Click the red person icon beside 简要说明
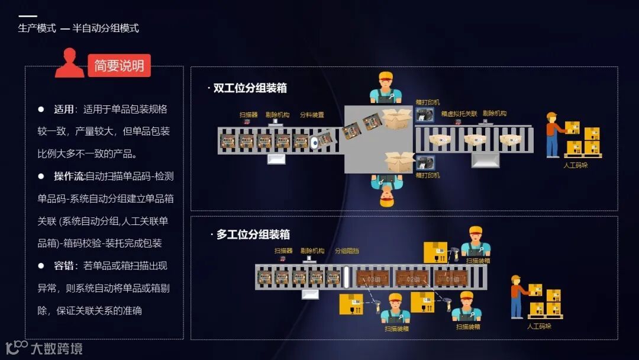(69, 63)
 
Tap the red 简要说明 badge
(119, 66)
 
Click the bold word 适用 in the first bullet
(63, 110)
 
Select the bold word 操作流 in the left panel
(69, 176)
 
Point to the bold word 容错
(63, 266)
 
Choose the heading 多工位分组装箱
(253, 234)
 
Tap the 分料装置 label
(312, 114)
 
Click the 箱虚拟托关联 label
(459, 114)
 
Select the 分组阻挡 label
(347, 250)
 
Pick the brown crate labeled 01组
(451, 277)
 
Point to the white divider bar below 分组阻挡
(347, 277)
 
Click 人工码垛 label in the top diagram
(576, 165)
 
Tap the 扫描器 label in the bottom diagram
(283, 250)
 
